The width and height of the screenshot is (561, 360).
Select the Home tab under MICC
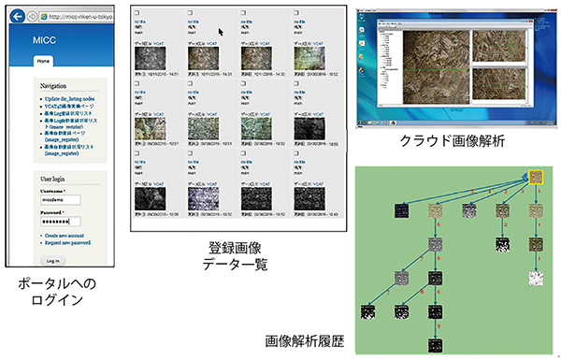pos(43,59)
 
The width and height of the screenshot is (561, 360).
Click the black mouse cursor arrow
pos(220,30)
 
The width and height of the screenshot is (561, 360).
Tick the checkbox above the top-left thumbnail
pos(138,13)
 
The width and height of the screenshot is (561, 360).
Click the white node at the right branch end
pos(537,278)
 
